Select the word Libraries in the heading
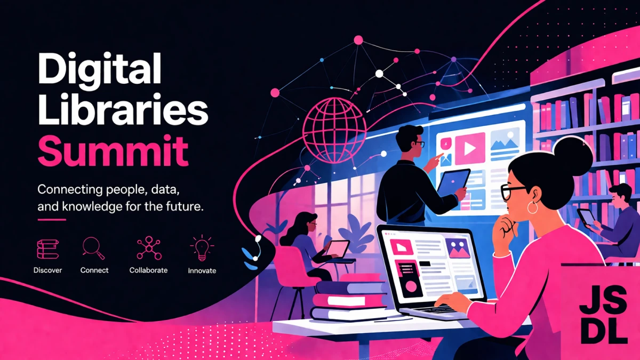tap(123, 109)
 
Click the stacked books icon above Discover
tap(48, 249)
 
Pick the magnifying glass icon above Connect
tap(94, 248)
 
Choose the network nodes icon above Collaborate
tap(149, 248)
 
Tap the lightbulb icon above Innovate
tap(202, 248)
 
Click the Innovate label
tap(202, 270)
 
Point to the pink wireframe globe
tap(334, 130)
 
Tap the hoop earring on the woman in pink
tap(532, 207)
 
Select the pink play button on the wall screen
tap(470, 148)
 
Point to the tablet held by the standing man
tap(454, 182)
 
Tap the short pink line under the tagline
tap(52, 220)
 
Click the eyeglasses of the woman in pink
tap(513, 191)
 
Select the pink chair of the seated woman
tap(289, 271)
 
